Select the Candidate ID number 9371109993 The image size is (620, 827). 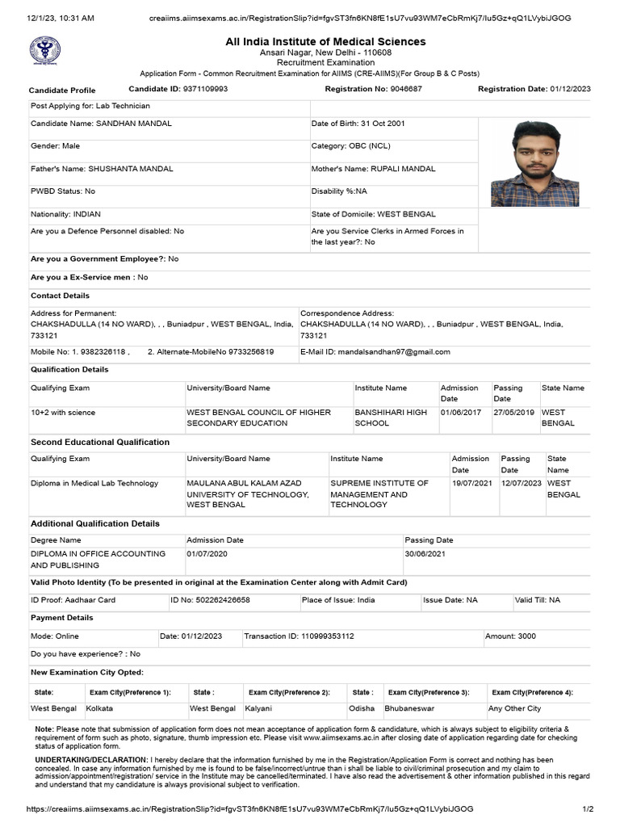coord(205,89)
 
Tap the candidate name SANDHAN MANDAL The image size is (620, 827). coord(134,124)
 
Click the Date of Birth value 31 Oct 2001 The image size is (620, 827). coord(379,124)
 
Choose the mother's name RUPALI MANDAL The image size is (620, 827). coord(403,169)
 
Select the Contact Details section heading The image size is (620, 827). coord(60,296)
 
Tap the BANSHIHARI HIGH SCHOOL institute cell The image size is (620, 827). coord(391,418)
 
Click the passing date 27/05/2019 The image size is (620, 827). coord(514,413)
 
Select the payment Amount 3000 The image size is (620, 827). coord(526,636)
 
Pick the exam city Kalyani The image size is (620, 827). coord(260,708)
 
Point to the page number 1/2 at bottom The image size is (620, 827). coord(588,808)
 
